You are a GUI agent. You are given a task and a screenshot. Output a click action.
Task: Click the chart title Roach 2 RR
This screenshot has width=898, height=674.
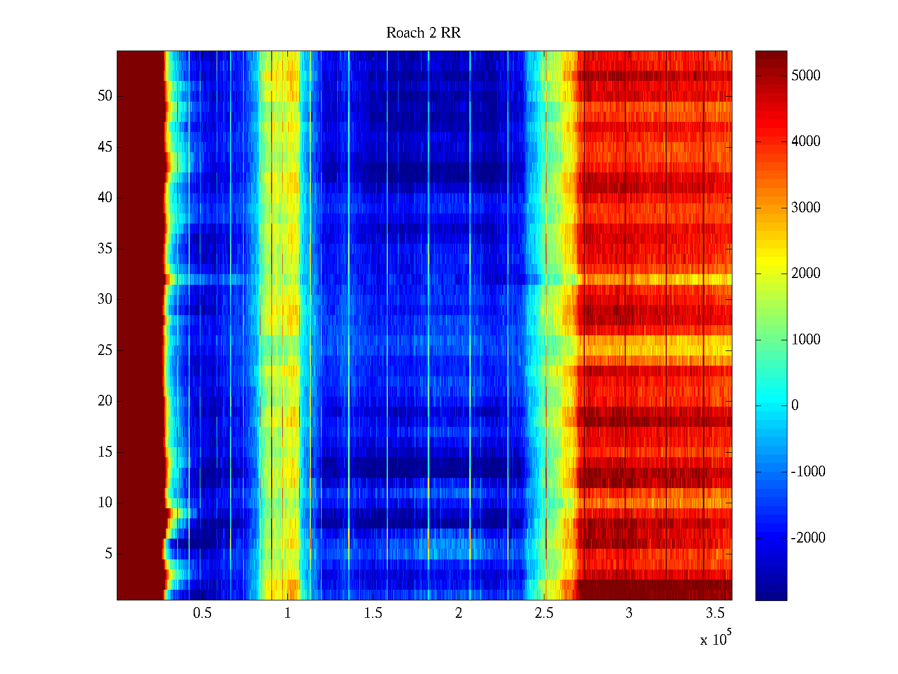pos(423,33)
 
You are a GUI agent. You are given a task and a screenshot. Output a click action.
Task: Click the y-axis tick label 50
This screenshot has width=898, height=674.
pos(105,96)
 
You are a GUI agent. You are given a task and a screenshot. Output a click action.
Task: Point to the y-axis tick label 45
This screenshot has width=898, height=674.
pos(105,147)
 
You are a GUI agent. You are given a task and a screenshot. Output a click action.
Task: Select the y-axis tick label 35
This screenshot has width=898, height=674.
pos(105,249)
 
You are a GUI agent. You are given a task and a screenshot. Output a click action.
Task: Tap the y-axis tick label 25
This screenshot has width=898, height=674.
pos(105,350)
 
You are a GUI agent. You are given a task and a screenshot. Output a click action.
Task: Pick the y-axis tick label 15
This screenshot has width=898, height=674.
pos(105,452)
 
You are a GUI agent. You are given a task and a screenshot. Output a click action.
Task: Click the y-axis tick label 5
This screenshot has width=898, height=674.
pos(108,554)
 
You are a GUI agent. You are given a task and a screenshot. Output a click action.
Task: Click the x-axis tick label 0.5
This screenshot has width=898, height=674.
pos(202,613)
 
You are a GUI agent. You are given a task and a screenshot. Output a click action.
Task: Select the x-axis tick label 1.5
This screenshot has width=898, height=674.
pos(373,613)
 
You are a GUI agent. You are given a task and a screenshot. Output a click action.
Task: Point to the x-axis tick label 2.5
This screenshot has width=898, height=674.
pos(544,613)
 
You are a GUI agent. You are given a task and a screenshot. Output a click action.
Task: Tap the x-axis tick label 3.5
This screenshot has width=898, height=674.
pos(714,613)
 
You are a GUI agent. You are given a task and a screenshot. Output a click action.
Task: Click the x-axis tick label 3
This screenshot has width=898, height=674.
pos(629,613)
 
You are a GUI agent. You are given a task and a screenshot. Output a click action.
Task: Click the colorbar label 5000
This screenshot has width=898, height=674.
pos(806,76)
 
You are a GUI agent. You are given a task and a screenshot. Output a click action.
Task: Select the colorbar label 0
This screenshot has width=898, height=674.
pos(795,406)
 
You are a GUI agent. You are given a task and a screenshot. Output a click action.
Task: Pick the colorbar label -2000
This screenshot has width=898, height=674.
pos(808,538)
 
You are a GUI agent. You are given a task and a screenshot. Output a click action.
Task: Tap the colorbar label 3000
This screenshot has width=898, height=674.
pos(806,208)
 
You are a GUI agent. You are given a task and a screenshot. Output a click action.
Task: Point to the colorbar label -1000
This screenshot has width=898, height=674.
pos(808,472)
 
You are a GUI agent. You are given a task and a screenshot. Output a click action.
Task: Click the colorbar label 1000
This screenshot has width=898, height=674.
pos(806,340)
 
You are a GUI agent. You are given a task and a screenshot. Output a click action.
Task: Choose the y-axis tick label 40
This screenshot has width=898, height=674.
pos(105,198)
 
